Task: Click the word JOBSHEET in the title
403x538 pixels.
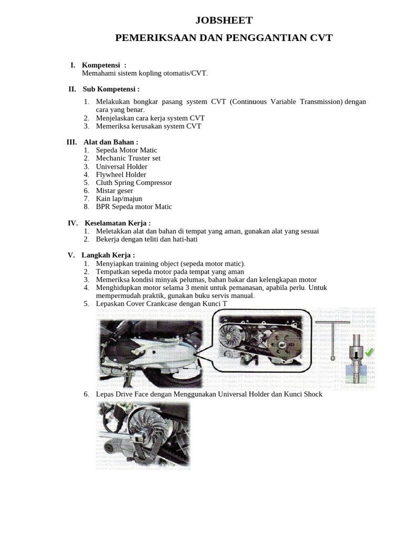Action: point(224,20)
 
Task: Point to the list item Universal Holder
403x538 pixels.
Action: point(121,167)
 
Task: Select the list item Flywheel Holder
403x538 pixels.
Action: point(121,174)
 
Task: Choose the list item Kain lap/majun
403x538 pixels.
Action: point(119,199)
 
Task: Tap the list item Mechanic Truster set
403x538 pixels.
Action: point(128,158)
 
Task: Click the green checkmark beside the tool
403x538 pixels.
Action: point(369,352)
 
